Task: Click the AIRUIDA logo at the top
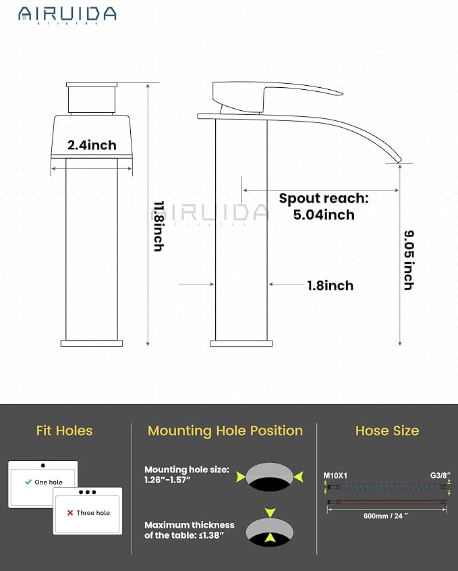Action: [x=67, y=15]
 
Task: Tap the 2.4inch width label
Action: [x=92, y=145]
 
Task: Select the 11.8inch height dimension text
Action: [x=159, y=226]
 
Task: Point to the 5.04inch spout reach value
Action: [x=324, y=214]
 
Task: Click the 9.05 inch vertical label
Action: [x=409, y=260]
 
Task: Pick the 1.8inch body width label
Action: [x=330, y=285]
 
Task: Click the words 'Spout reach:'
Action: [x=324, y=199]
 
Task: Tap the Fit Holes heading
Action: [x=64, y=431]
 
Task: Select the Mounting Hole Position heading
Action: [x=225, y=431]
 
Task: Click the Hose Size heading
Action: [x=387, y=431]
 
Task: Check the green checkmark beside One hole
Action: [x=28, y=482]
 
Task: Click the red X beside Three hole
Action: [x=70, y=513]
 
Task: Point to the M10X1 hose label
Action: [x=335, y=476]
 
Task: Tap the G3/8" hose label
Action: [x=440, y=475]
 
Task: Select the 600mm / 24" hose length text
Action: [x=386, y=516]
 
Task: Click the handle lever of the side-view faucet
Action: [x=277, y=95]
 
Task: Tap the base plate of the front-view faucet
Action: [x=92, y=343]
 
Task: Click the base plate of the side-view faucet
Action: [x=241, y=343]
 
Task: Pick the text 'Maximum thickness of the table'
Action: [x=189, y=530]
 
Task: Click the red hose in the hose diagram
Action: [x=387, y=502]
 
